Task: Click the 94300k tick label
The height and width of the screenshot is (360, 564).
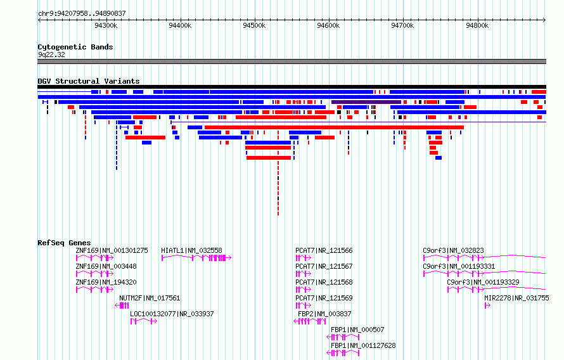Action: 106,25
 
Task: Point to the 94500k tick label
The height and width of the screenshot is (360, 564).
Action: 254,25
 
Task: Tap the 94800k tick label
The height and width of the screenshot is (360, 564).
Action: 477,25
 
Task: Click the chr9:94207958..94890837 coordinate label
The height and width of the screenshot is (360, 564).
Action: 82,13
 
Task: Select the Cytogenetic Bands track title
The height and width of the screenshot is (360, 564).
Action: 75,47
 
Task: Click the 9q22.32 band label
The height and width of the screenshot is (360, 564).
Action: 51,55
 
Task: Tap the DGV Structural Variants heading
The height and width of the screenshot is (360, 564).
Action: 88,81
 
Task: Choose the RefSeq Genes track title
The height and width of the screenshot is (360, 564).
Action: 64,243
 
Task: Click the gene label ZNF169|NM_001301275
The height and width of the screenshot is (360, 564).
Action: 112,250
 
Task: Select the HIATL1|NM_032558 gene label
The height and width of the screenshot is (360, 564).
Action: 191,250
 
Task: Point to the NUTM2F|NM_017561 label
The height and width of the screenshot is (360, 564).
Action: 150,298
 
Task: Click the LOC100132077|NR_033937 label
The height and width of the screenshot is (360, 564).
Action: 172,314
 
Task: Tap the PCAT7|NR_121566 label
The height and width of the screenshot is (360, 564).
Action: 324,250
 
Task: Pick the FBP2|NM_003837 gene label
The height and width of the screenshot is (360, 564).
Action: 324,314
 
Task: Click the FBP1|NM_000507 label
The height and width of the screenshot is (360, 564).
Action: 357,330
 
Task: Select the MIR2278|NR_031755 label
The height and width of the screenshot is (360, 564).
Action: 516,298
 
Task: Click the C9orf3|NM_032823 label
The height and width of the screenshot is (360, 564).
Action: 453,250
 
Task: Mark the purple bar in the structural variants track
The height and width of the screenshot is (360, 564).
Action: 366,101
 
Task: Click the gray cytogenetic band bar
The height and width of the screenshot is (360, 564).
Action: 292,61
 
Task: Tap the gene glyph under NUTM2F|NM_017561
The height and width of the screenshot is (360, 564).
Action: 122,305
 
